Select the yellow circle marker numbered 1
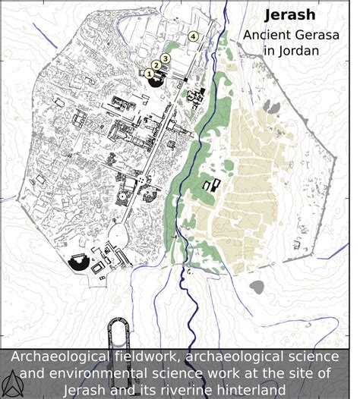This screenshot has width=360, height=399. coord(149,73)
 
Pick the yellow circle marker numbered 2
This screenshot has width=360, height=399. coord(156,65)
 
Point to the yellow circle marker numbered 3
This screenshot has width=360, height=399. coord(165,58)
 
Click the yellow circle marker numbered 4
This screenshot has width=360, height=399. coord(193,36)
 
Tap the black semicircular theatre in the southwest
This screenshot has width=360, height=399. coord(78,263)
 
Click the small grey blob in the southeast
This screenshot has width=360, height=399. coord(258,287)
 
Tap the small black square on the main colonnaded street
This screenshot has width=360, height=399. coord(187,78)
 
